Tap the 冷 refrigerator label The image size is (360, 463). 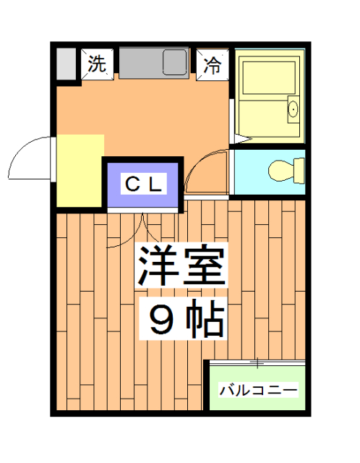213,64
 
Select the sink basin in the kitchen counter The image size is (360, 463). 175,63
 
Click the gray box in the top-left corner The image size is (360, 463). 66,64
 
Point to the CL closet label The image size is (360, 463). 145,183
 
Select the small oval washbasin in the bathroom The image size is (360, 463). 292,109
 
